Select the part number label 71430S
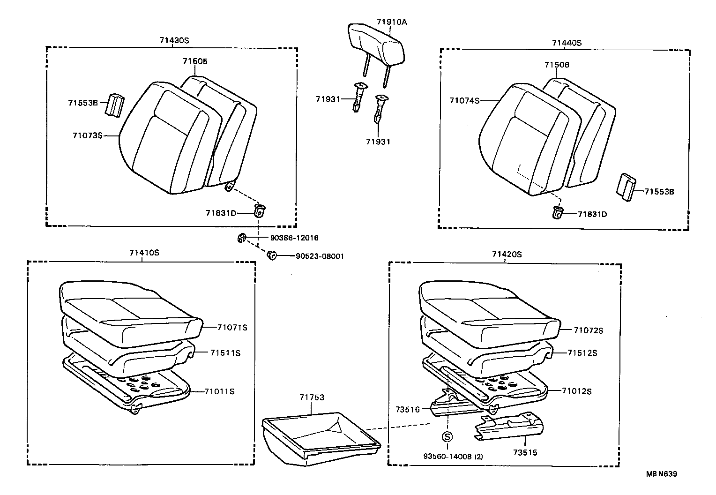point(173,40)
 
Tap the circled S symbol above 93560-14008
point(447,437)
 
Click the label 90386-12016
point(294,238)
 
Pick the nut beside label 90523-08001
point(271,255)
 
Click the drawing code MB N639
point(662,474)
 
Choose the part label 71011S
point(219,391)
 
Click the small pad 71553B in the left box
point(115,105)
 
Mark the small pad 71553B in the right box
point(626,188)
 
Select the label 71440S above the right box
point(566,43)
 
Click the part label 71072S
point(588,330)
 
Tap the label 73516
point(407,409)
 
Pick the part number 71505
point(195,61)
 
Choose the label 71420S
point(507,255)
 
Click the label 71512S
point(582,353)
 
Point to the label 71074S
point(464,100)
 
